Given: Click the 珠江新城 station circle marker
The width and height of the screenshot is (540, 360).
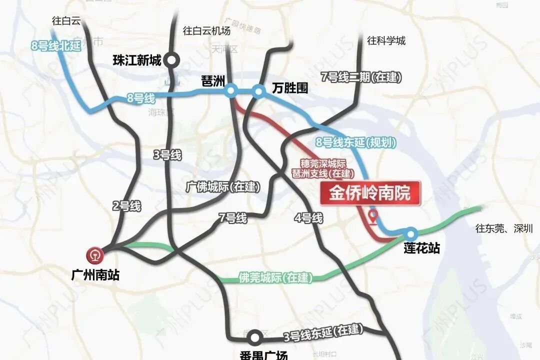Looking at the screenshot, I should pos(172,60).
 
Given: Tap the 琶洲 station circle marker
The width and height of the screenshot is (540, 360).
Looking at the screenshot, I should pos(230,90).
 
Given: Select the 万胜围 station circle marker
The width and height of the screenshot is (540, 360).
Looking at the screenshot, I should pos(258,91).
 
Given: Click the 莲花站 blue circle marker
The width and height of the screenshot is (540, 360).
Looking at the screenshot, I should pos(411,233).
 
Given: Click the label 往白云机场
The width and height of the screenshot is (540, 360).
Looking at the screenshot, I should pos(206,31).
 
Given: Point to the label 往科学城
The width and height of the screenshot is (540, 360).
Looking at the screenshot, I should pos(386,41).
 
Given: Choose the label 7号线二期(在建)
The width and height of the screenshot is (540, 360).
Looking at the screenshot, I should pos(361,77).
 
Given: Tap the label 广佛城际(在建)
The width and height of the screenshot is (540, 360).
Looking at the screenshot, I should pos(223,187).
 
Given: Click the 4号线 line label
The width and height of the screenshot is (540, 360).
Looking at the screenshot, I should pos(308,218).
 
